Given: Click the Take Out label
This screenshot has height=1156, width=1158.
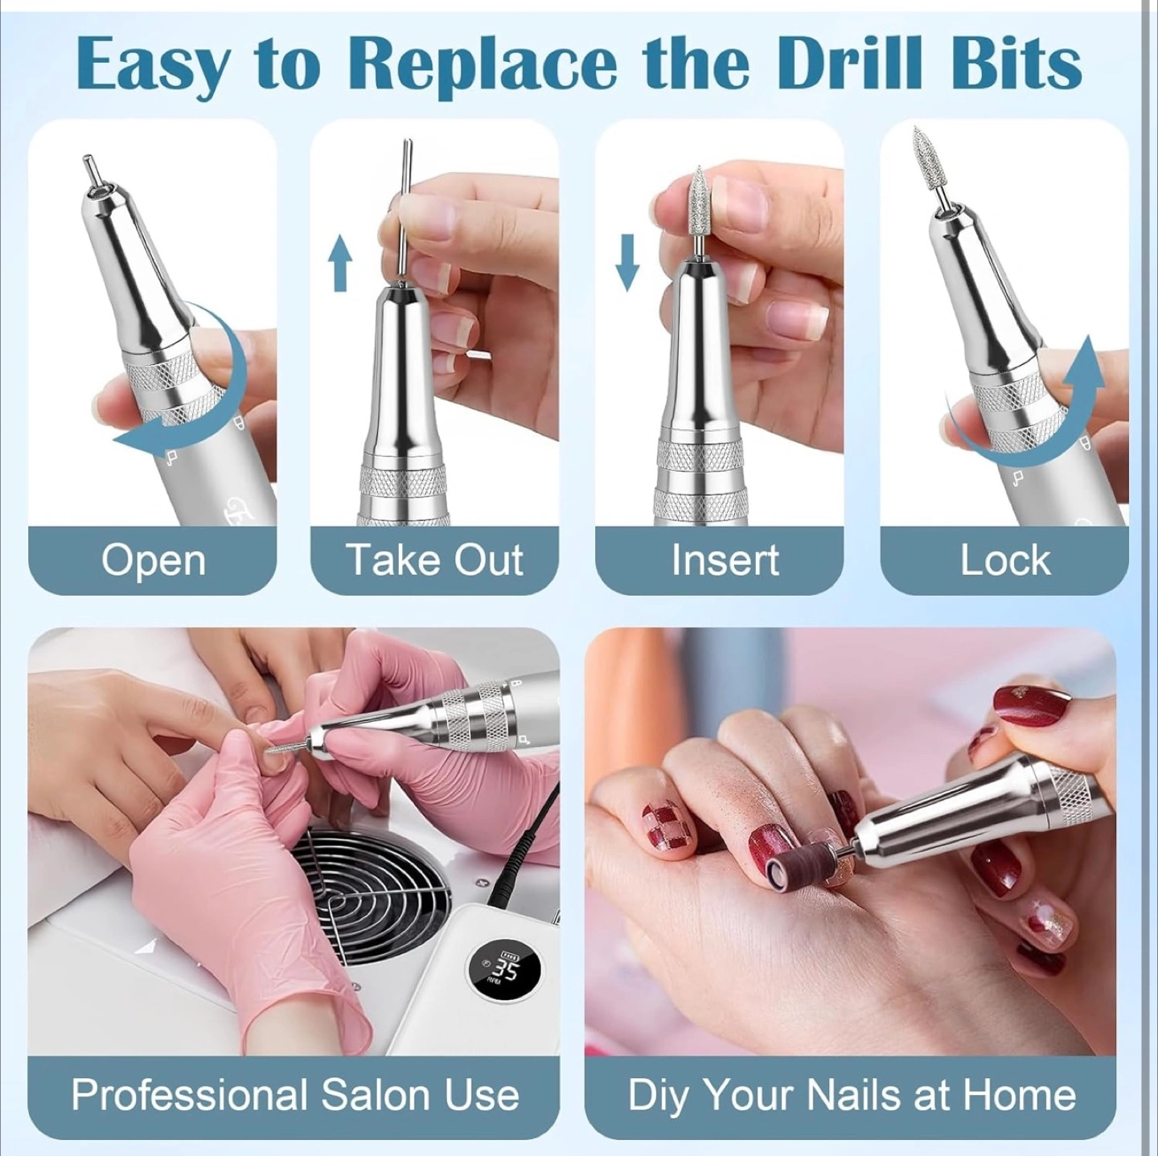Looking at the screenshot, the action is [x=436, y=560].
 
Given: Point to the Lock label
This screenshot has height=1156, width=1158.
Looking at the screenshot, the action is [x=1004, y=560].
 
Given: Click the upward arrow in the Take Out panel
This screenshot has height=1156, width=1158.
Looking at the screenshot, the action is [x=340, y=263].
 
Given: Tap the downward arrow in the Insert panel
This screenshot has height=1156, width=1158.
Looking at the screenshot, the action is [x=626, y=263].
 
